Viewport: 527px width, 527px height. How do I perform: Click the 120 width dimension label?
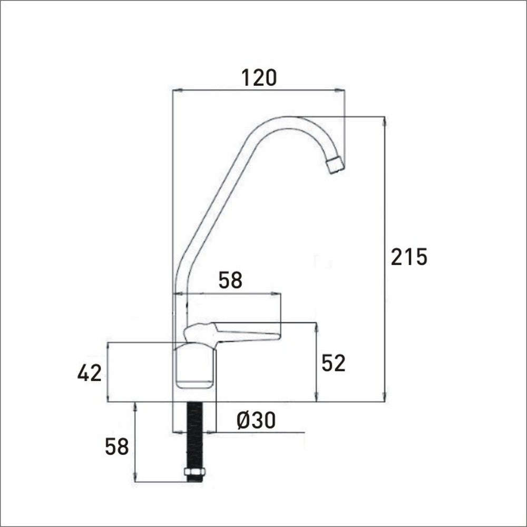click(258, 78)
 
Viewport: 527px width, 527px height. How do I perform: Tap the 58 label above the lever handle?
click(230, 281)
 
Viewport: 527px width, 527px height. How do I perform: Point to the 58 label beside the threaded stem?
click(116, 447)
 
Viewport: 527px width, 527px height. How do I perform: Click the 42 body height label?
click(89, 373)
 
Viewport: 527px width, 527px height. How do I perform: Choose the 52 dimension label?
click(333, 363)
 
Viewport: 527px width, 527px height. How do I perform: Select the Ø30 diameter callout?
click(256, 421)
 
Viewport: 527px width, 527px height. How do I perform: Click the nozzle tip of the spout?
click(335, 165)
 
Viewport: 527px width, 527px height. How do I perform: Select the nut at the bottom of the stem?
click(195, 474)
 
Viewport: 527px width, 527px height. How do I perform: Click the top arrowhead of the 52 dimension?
click(316, 326)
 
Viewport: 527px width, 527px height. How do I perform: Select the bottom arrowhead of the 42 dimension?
click(108, 398)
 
